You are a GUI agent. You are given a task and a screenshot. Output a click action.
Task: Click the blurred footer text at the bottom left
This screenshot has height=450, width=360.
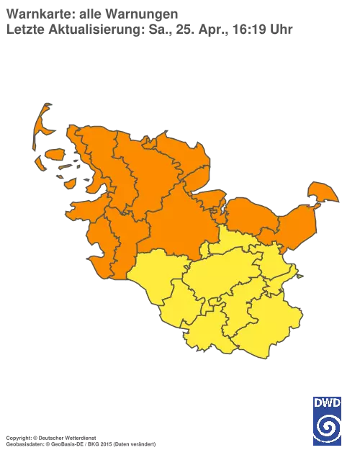point(79,437)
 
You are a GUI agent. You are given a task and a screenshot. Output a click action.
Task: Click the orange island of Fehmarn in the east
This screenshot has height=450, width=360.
point(321,193)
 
